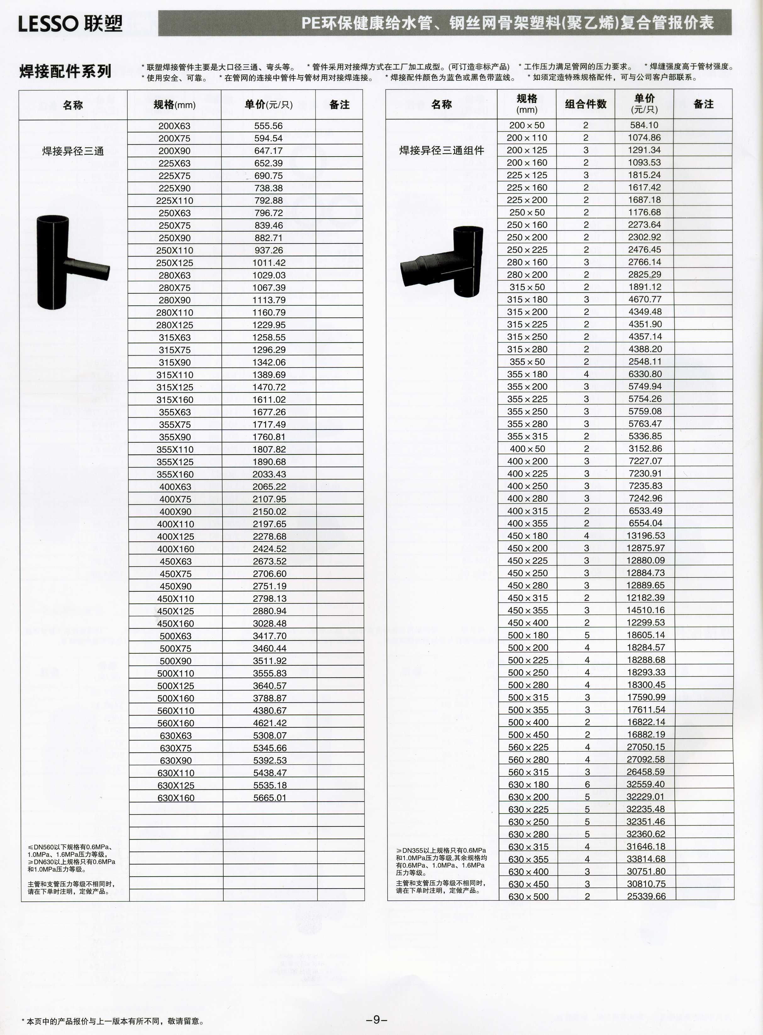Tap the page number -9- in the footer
coord(377,1020)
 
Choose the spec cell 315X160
coord(175,400)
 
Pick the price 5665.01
coord(270,798)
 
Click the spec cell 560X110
coord(175,711)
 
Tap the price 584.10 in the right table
coord(644,125)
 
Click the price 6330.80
coord(645,374)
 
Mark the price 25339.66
coord(646,896)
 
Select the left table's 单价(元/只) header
coord(268,105)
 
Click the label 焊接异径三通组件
coord(442,151)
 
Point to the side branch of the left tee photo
coord(88,268)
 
